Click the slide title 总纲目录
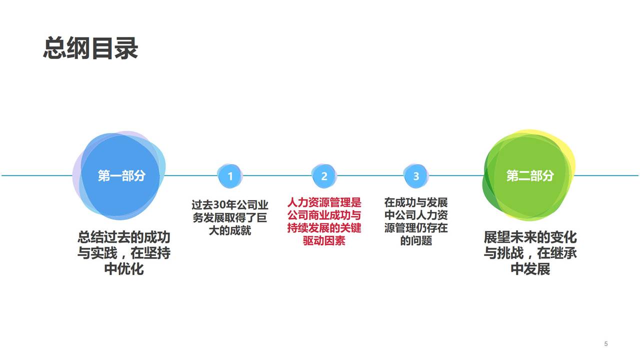coord(90,48)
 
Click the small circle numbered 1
coord(230,176)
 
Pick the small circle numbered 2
coord(324,176)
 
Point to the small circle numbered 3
coord(416,176)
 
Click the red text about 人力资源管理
coord(324,221)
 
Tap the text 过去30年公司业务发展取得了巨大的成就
coord(230,217)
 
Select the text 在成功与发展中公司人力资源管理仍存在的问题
coord(416,221)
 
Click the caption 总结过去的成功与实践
coord(123,252)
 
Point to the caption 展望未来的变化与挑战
coord(530,252)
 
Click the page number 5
coord(606,343)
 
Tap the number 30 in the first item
coord(220,205)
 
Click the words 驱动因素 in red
coord(324,241)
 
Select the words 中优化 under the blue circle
coord(123,269)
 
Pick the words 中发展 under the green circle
coord(530,269)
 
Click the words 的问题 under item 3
coord(416,241)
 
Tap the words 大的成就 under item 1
coord(230,230)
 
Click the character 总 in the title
coord(55,48)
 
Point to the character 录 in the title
coord(126,48)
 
